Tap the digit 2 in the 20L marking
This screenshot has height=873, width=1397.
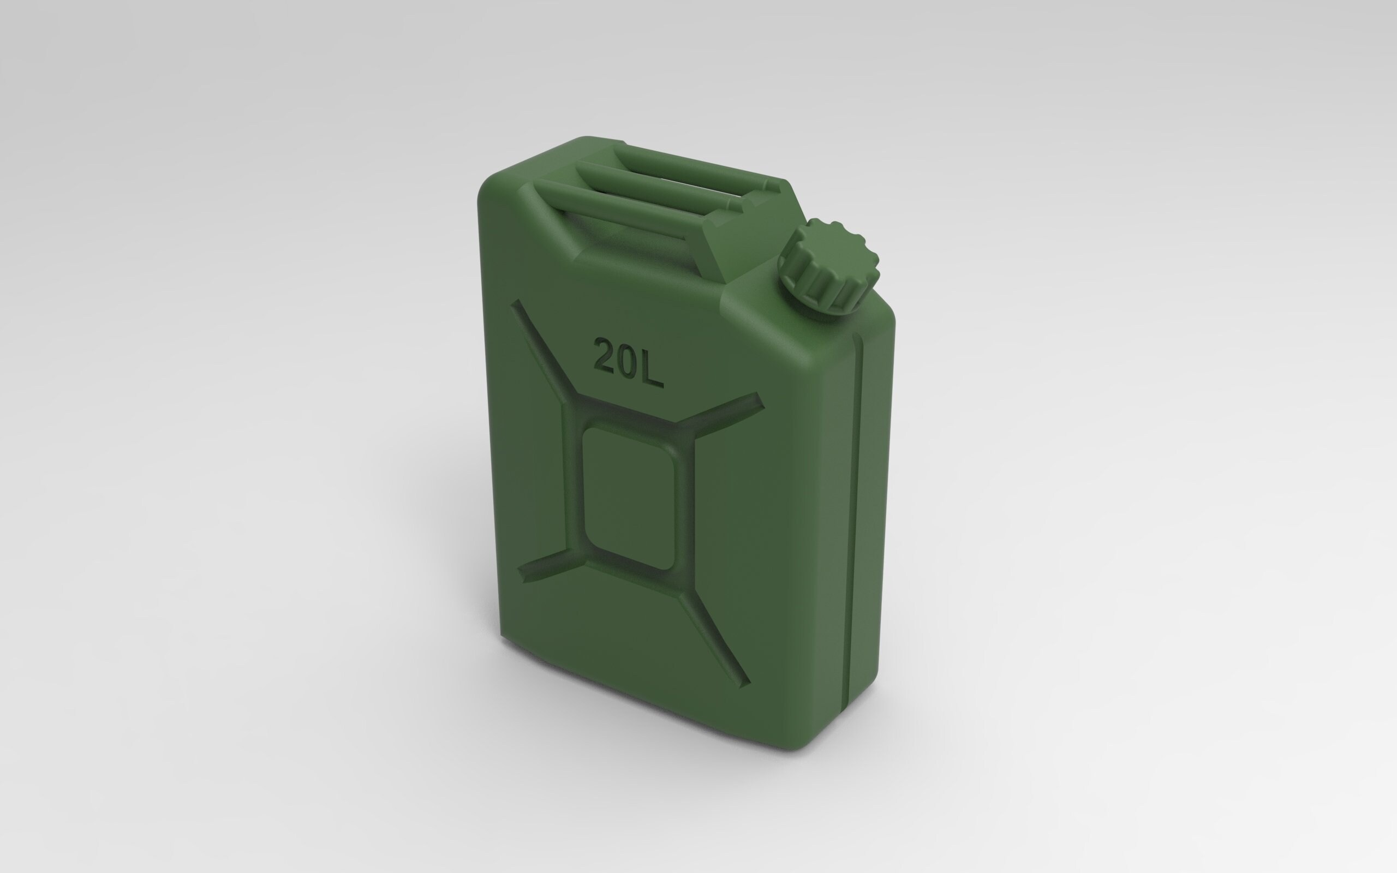pyautogui.click(x=606, y=356)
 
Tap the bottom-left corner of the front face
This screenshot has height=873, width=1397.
pyautogui.click(x=506, y=635)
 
